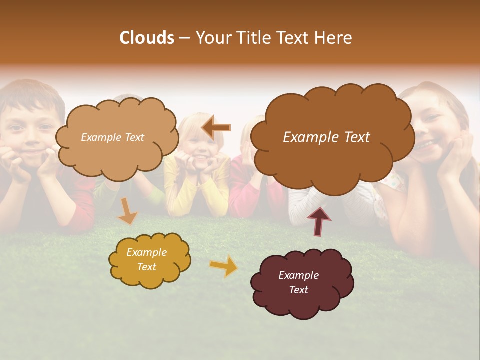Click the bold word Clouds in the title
(x=147, y=38)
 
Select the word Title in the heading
(x=251, y=38)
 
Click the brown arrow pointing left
(x=216, y=128)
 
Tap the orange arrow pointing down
(x=127, y=211)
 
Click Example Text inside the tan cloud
(x=112, y=137)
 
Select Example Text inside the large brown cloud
(x=326, y=137)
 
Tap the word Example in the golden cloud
(x=146, y=252)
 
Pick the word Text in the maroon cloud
(x=298, y=290)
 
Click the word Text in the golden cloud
(x=146, y=267)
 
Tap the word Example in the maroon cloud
(x=298, y=275)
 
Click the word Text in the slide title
(x=293, y=38)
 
